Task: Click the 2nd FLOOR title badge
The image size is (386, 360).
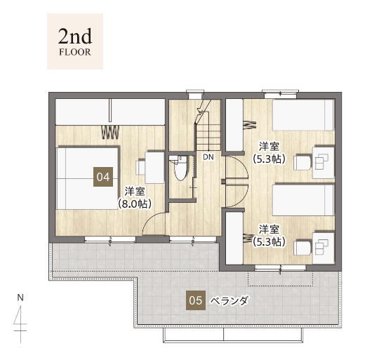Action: [x=75, y=41]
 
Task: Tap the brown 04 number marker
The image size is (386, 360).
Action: [x=103, y=177]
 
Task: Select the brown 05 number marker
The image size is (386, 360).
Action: [x=196, y=300]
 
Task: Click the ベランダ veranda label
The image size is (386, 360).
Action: [x=230, y=300]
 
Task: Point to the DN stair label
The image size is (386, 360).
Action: [x=208, y=157]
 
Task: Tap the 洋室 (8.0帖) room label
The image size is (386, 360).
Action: [x=135, y=198]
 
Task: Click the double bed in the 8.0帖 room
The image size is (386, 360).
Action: [x=88, y=178]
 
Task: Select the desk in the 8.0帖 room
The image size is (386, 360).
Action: [x=154, y=168]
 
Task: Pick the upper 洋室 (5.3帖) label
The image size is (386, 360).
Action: [x=269, y=152]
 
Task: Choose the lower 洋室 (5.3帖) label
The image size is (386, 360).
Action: [x=269, y=236]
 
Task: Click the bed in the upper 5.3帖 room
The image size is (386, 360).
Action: [x=303, y=115]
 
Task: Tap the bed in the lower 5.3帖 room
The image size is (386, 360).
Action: [x=303, y=200]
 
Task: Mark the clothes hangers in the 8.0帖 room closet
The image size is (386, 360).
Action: [x=110, y=133]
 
